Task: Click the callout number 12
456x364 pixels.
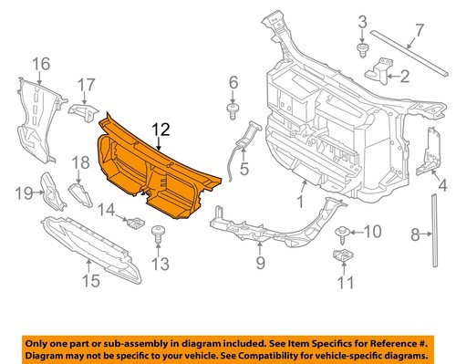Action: tap(160, 130)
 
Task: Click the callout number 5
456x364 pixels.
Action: tap(244, 169)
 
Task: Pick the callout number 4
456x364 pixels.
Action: tap(443, 188)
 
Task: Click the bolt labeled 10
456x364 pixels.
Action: tap(345, 233)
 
